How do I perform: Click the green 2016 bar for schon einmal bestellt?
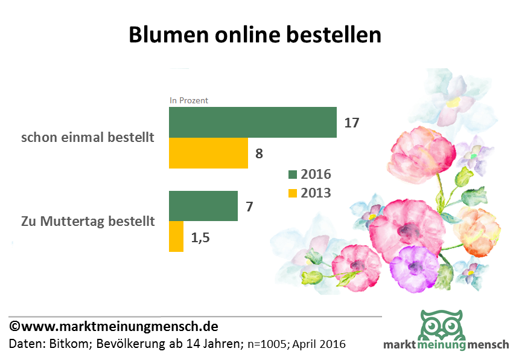tap(252, 122)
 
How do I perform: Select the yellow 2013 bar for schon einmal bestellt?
tap(208, 153)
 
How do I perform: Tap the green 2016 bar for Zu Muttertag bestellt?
tap(203, 206)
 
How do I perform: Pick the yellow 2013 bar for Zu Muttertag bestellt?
tap(176, 236)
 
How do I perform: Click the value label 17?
tap(351, 123)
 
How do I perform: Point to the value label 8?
tap(259, 153)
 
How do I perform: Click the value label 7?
tap(249, 207)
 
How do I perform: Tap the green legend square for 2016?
tap(293, 175)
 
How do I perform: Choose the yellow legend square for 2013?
tap(293, 193)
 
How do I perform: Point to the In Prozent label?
tap(188, 101)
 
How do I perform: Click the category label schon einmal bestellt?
tap(88, 137)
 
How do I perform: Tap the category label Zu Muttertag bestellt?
tap(88, 221)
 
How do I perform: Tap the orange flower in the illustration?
tap(477, 230)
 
